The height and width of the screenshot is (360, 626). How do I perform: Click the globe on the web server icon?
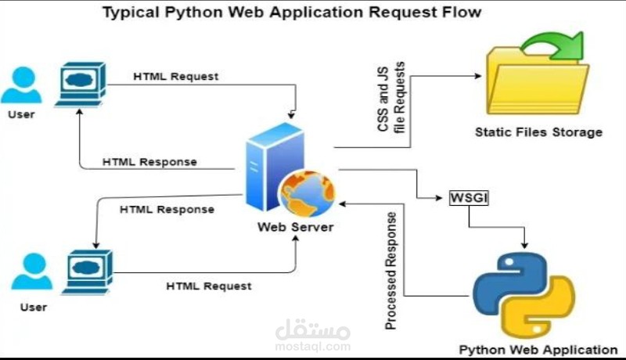(x=307, y=193)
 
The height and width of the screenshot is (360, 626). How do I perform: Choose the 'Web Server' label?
(x=295, y=228)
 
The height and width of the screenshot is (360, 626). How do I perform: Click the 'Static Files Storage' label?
(x=538, y=131)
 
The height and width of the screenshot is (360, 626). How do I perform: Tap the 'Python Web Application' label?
(x=538, y=350)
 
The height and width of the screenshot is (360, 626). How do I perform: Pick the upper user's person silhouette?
(x=22, y=85)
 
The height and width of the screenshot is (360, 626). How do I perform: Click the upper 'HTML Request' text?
(x=175, y=77)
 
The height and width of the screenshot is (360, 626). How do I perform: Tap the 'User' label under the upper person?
(x=21, y=114)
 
